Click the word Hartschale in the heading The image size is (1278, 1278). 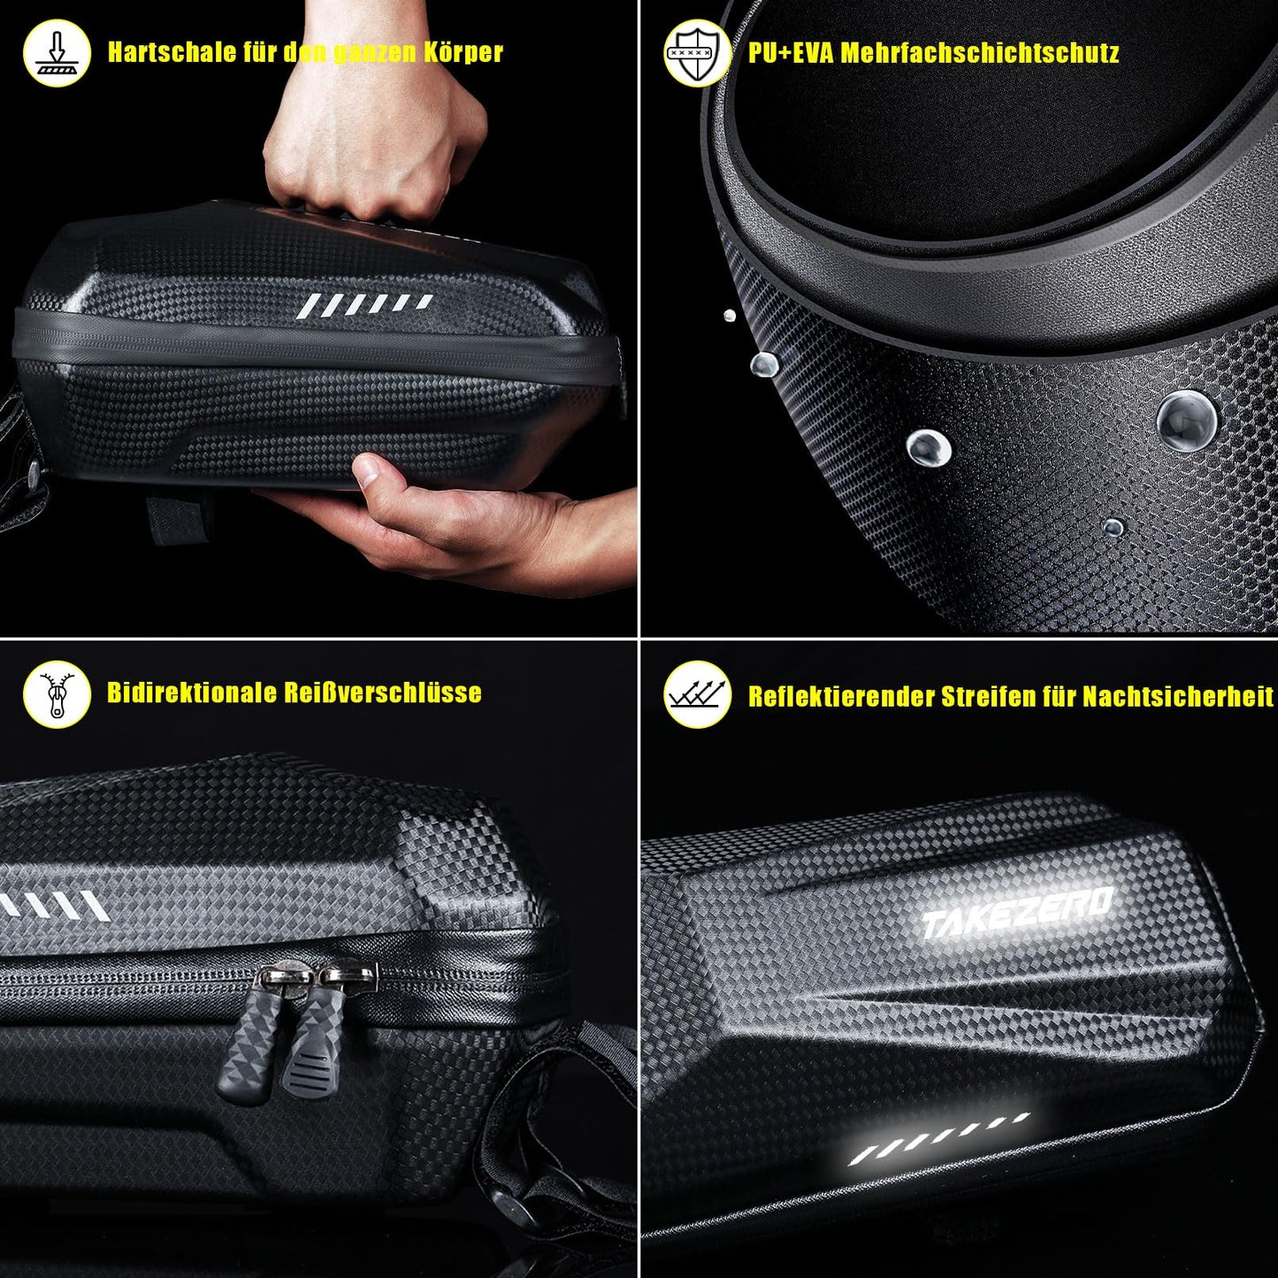click(x=172, y=52)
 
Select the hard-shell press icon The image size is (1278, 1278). click(x=57, y=53)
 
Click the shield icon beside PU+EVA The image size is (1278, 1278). click(x=698, y=53)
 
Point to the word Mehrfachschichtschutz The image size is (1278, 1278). click(x=980, y=52)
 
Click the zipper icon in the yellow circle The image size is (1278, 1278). click(x=57, y=694)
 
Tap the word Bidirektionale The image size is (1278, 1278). click(x=192, y=693)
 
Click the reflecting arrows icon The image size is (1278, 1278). click(x=698, y=694)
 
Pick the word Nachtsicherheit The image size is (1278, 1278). click(x=1178, y=696)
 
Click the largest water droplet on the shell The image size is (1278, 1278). click(x=1187, y=420)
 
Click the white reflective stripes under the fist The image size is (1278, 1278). click(x=364, y=304)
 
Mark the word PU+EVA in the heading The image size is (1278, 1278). click(x=791, y=52)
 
